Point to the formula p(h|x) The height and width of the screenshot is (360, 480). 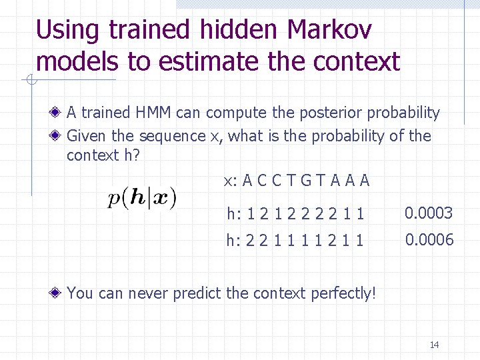(142, 198)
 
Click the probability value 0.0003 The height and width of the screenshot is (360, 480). (429, 213)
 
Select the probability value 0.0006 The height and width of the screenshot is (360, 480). (429, 239)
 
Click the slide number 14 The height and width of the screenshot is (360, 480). (434, 345)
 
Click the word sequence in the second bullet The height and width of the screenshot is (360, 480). (172, 137)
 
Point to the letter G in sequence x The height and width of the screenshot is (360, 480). (307, 181)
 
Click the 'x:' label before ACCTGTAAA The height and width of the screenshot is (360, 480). (230, 181)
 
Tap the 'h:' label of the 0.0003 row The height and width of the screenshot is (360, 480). (233, 214)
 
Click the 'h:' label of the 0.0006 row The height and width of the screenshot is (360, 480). (233, 240)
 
